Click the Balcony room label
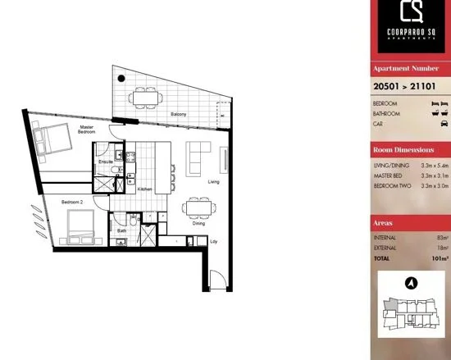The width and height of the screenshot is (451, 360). (x=179, y=114)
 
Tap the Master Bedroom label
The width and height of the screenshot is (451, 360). (x=87, y=129)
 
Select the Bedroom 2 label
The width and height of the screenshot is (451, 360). (x=72, y=201)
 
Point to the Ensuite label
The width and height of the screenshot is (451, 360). (x=106, y=162)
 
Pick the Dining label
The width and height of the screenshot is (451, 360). (x=198, y=223)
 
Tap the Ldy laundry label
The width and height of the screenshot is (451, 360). (x=214, y=242)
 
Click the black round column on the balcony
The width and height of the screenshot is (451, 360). (x=121, y=79)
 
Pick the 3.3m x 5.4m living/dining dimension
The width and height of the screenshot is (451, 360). (x=435, y=166)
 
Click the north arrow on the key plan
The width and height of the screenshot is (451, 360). (x=411, y=283)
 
